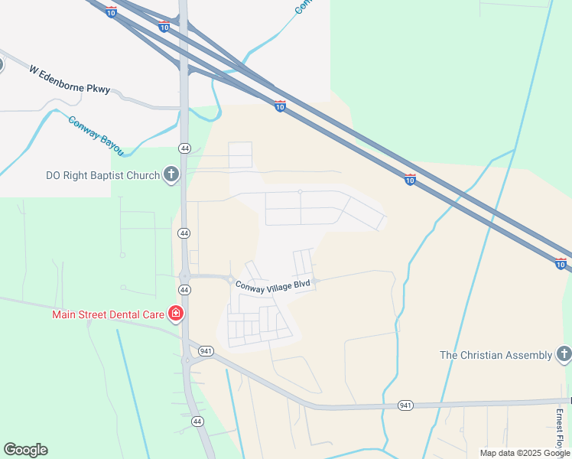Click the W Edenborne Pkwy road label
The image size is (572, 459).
coord(70,80)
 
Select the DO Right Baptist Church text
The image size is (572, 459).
coord(101,175)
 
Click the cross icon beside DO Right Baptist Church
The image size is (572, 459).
coord(171,175)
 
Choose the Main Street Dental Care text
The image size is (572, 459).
coord(109,314)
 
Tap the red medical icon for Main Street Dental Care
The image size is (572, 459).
coord(176,314)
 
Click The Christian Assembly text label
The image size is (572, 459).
coord(496,355)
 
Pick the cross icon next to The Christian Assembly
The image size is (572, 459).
coord(564,354)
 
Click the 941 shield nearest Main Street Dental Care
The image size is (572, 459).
coord(205,350)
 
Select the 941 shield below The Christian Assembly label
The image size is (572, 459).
coord(406,405)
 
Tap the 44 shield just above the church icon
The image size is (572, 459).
coord(184,148)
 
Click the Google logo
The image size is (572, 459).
coord(25,450)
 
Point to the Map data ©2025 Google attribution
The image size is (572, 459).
coord(525,453)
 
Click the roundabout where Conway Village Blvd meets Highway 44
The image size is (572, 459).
coord(184,276)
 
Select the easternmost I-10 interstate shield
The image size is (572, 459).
coord(561,264)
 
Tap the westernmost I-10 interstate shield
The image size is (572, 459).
coord(112,13)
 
